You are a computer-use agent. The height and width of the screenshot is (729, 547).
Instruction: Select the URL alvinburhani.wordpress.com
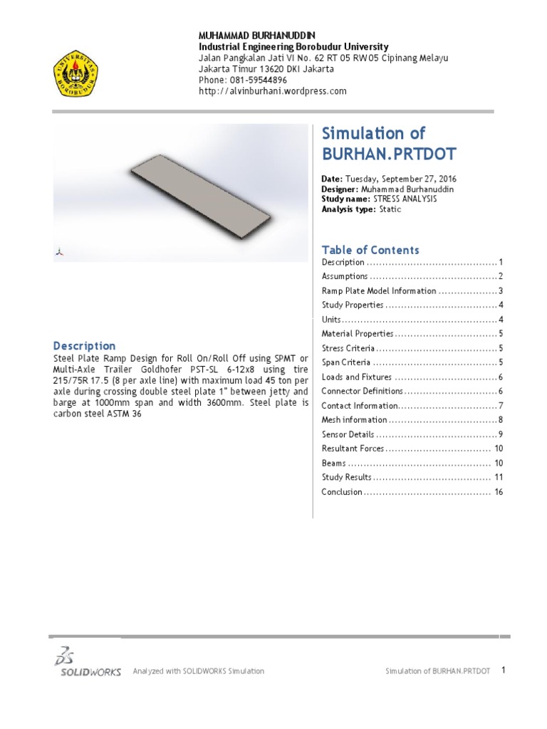click(x=272, y=91)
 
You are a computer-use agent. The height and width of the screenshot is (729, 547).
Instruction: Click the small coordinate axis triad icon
click(x=61, y=251)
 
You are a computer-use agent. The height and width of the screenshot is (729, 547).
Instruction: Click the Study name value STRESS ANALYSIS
click(x=401, y=199)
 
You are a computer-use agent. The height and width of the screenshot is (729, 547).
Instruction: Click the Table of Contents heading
click(x=370, y=250)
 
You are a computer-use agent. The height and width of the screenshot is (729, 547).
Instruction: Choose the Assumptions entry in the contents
click(x=345, y=276)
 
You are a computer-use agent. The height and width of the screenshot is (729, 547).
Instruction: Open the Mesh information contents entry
click(x=354, y=420)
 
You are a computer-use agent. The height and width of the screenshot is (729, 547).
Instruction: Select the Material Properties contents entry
click(x=357, y=334)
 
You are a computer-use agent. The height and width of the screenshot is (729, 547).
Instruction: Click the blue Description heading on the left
click(x=85, y=345)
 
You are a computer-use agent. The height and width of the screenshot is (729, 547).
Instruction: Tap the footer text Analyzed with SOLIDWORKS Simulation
click(x=199, y=671)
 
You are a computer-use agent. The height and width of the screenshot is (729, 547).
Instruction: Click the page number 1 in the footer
click(x=503, y=670)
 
